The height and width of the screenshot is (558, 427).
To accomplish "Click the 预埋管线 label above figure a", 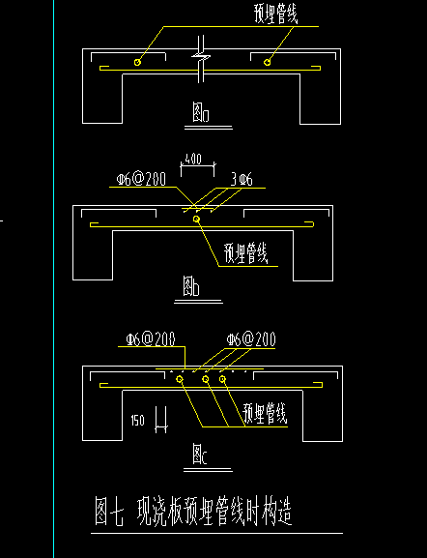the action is point(275,15).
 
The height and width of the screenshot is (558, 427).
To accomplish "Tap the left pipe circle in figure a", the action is point(137,62).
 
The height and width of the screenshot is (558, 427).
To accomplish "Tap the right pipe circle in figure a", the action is point(267,62).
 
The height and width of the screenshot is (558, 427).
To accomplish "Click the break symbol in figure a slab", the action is point(201,56).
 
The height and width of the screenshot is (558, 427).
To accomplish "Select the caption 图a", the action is point(201,112).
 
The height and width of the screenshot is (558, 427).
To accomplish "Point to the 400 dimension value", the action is point(193,159).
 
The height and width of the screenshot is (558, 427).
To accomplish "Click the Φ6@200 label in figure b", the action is point(141,179).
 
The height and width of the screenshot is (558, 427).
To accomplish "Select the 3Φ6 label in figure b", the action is point(242,180).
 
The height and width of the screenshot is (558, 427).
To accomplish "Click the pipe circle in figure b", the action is point(196,220).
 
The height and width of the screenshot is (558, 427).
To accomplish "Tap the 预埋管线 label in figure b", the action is point(245,253).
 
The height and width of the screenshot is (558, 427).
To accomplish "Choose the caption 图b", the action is point(191,286).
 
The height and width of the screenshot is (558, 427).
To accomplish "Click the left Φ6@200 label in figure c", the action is point(151,339).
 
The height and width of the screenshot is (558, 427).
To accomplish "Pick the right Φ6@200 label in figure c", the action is point(251,339).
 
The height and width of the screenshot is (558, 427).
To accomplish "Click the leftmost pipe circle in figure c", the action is point(180,379).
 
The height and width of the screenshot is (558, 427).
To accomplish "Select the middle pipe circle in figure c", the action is point(206,379).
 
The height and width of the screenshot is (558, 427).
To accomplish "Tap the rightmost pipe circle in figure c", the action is point(222,379).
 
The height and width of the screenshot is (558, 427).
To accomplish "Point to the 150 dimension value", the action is point(137,421).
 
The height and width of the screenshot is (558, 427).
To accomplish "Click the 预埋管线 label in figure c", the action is point(265,413).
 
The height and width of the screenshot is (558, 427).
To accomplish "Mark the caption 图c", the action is point(200,454).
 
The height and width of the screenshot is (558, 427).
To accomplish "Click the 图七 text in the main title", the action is point(109,512).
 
